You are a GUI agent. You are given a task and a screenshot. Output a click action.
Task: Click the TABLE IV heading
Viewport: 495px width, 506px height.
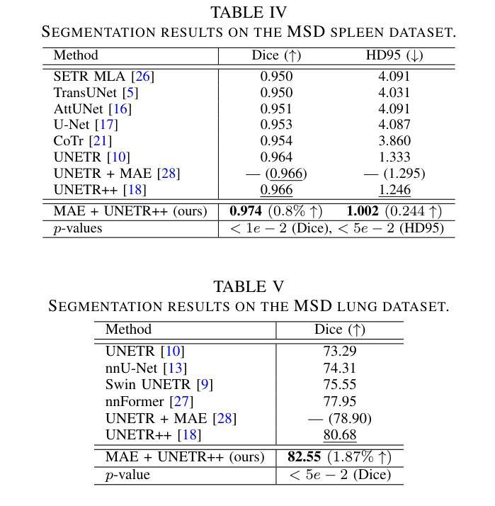click(249, 12)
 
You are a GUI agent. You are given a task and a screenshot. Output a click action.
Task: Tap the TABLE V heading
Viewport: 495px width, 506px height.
click(249, 286)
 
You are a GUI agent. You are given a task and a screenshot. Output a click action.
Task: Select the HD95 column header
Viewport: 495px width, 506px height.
click(388, 55)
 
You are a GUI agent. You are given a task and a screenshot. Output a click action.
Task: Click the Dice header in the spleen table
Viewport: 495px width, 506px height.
click(276, 55)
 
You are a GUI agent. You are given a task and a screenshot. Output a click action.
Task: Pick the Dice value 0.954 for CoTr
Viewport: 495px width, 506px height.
click(276, 140)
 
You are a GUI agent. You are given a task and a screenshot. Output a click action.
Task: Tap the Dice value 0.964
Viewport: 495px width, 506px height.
click(276, 157)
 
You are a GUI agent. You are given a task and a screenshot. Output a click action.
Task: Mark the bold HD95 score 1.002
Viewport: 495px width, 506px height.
click(363, 211)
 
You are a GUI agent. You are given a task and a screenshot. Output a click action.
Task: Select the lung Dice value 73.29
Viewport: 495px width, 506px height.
click(340, 351)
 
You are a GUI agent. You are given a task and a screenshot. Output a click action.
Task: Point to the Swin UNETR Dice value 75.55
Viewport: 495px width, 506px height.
click(340, 384)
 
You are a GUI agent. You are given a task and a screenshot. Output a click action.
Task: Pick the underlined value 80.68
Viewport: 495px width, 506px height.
click(340, 434)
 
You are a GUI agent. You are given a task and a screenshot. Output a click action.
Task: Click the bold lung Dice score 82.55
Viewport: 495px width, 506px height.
click(305, 456)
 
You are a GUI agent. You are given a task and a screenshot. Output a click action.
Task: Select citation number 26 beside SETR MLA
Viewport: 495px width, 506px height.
click(142, 76)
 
